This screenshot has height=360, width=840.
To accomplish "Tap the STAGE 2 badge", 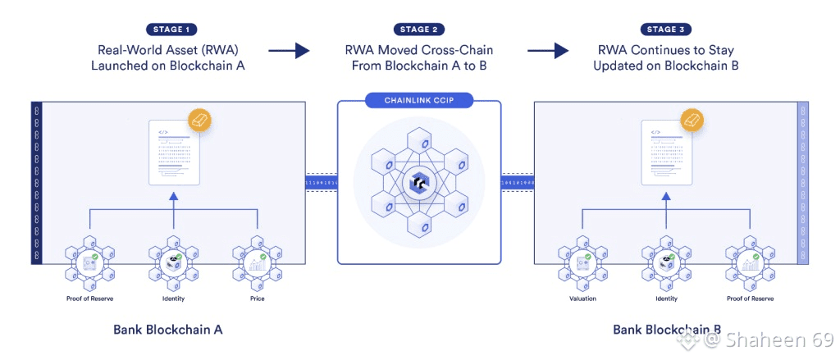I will click(419, 29).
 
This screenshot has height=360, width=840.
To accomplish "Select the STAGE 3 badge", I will click(665, 29).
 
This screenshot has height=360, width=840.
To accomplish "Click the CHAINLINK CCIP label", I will click(419, 101).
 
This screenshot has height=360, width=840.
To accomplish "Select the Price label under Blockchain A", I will click(258, 298).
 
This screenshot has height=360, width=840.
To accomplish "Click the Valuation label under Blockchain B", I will click(582, 298).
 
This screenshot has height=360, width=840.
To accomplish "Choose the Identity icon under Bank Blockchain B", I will click(665, 262).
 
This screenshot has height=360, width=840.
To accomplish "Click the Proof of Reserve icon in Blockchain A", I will click(89, 262).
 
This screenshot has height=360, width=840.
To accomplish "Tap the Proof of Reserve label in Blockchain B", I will click(749, 298).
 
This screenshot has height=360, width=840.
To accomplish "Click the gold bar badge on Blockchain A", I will click(200, 120).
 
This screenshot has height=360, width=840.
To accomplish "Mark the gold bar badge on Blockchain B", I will click(692, 120).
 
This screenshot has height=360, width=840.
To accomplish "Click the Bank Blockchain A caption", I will click(168, 330).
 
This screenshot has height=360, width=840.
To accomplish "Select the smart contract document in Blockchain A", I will click(173, 153).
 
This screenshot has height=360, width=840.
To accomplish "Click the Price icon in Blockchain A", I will click(258, 262).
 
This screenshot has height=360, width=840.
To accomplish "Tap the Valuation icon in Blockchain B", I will click(582, 262).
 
